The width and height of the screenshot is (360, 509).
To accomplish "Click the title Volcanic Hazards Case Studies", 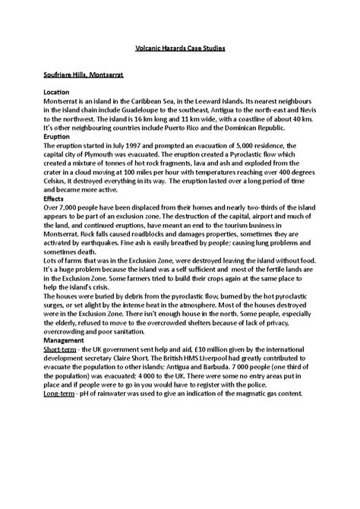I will click(x=179, y=48).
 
